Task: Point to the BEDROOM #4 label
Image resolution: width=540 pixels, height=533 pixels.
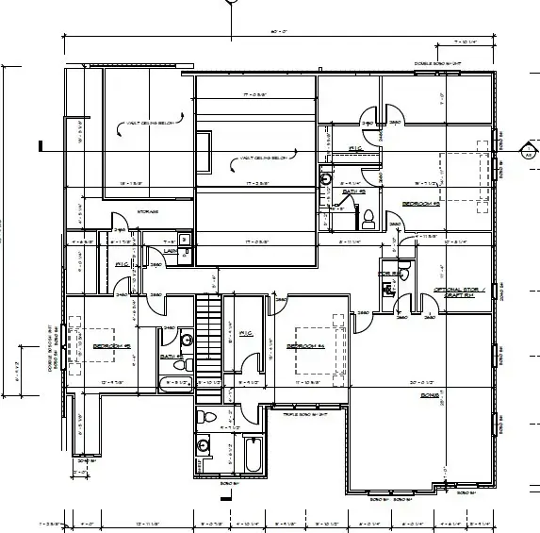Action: pos(305,347)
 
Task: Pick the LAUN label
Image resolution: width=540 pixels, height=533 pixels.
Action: pos(172,252)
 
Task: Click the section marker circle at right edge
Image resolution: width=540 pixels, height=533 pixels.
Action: pos(529,148)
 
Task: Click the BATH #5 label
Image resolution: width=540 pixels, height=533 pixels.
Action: pos(352,192)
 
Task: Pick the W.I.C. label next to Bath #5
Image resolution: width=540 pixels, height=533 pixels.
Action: pos(356,149)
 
